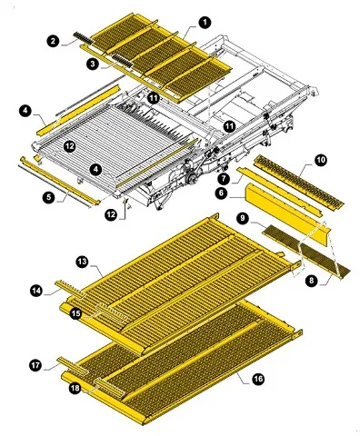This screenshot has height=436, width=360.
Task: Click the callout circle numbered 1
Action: pyautogui.click(x=205, y=23)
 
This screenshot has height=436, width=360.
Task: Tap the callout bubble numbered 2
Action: pyautogui.click(x=54, y=41)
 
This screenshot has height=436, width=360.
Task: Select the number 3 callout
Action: pyautogui.click(x=93, y=64)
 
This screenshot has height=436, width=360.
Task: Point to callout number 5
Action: pyautogui.click(x=49, y=197)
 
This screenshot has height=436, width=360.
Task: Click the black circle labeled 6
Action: pyautogui.click(x=222, y=193)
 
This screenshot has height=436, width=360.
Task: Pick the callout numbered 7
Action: pyautogui.click(x=224, y=178)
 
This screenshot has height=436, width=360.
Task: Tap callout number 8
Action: pyautogui.click(x=312, y=281)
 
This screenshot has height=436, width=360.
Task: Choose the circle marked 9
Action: pyautogui.click(x=243, y=219)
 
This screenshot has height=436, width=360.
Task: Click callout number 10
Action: pyautogui.click(x=321, y=160)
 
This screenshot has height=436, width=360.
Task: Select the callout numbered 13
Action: pyautogui.click(x=82, y=262)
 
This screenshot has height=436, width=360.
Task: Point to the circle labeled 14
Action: pyautogui.click(x=36, y=291)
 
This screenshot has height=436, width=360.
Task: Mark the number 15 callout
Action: pyautogui.click(x=76, y=313)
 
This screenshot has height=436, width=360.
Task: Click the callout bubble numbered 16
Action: pyautogui.click(x=257, y=379)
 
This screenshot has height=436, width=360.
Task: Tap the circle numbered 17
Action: pyautogui.click(x=35, y=365)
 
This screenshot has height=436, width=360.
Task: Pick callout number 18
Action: pyautogui.click(x=75, y=388)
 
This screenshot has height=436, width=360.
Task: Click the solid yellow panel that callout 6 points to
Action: pyautogui.click(x=288, y=215)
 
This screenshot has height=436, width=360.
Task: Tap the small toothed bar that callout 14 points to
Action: pyautogui.click(x=70, y=289)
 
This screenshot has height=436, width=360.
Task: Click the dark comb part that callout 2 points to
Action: pyautogui.click(x=83, y=38)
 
